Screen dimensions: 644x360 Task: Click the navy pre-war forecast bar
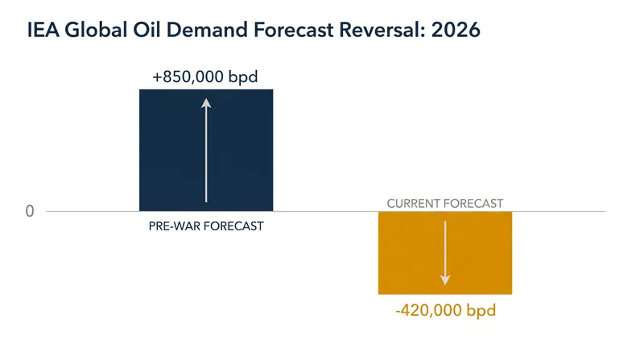tap(206, 151)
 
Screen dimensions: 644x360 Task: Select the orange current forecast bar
tap(445, 253)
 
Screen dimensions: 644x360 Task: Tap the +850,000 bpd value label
tap(205, 77)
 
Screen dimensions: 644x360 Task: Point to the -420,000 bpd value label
tap(446, 310)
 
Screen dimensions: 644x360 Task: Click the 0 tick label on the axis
tap(30, 211)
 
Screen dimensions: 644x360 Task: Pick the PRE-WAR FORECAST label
tap(206, 226)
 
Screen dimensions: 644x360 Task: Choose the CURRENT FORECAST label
tap(445, 204)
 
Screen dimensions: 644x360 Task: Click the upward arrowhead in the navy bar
tap(206, 103)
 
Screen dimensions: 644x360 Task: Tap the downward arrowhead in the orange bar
tap(445, 279)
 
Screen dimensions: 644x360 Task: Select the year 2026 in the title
tap(456, 30)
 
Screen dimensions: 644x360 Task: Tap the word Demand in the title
tap(207, 30)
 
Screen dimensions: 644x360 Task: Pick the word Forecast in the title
tap(293, 30)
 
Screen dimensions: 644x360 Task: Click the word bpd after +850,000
tap(243, 77)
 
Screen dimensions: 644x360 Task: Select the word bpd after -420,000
tap(481, 310)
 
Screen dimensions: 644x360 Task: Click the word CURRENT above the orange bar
tap(414, 204)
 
